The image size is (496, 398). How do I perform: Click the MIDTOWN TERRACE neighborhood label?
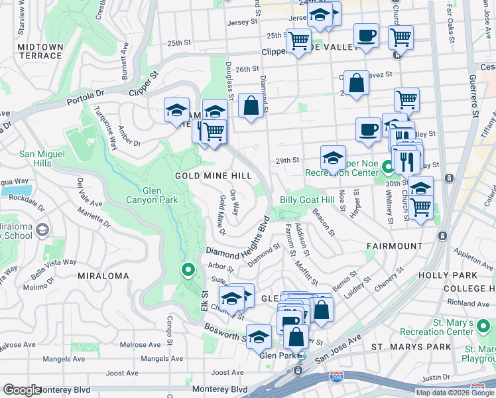pos(40,52)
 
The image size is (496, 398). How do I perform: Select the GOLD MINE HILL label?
pos(213,176)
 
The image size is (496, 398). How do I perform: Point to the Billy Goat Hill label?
pos(306,200)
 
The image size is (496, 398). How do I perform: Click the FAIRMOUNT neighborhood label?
pos(395,246)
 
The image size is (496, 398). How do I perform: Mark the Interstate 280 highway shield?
pos(337,378)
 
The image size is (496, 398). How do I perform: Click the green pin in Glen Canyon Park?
pos(188,270)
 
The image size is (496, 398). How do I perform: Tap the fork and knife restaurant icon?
pos(406,160)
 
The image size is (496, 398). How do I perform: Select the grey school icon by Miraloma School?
pos(42,230)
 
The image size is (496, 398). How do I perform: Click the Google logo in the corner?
pos(22,391)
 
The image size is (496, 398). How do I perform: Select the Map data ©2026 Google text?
pos(455,393)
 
